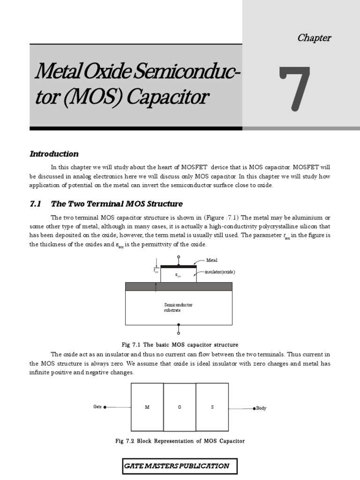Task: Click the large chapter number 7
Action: (294, 89)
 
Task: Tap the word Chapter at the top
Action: (314, 38)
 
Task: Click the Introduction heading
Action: (54, 154)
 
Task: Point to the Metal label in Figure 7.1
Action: (212, 260)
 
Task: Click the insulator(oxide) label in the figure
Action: (220, 272)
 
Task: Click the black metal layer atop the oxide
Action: (178, 266)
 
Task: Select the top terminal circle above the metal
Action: (178, 257)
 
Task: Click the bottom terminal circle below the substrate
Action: (178, 333)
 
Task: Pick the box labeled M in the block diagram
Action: (147, 407)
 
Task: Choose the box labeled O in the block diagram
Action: (180, 407)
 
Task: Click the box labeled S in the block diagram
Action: (212, 407)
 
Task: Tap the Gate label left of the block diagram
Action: (97, 407)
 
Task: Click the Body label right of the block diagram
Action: (261, 408)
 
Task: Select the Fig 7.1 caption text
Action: (180, 345)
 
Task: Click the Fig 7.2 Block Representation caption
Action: (180, 441)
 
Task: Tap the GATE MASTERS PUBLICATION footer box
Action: (180, 466)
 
